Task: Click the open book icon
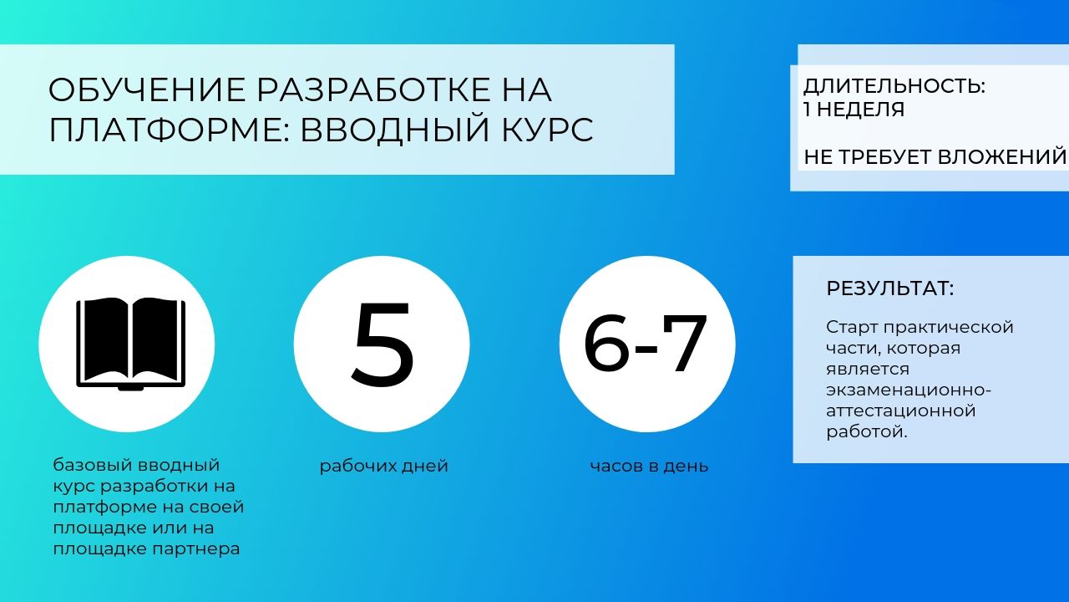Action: click(131, 344)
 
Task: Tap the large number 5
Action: click(383, 344)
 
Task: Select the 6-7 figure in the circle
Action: click(646, 342)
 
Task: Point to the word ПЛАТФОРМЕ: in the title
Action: click(170, 130)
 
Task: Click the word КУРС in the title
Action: click(547, 130)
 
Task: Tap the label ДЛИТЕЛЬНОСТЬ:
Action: click(894, 86)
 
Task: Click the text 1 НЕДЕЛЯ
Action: click(854, 110)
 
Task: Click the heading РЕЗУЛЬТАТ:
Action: click(890, 288)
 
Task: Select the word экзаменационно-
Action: click(909, 390)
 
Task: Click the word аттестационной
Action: click(901, 411)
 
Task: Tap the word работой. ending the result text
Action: click(867, 432)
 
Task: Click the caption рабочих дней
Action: click(383, 467)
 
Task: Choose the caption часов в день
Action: click(649, 467)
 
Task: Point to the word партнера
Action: click(195, 549)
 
